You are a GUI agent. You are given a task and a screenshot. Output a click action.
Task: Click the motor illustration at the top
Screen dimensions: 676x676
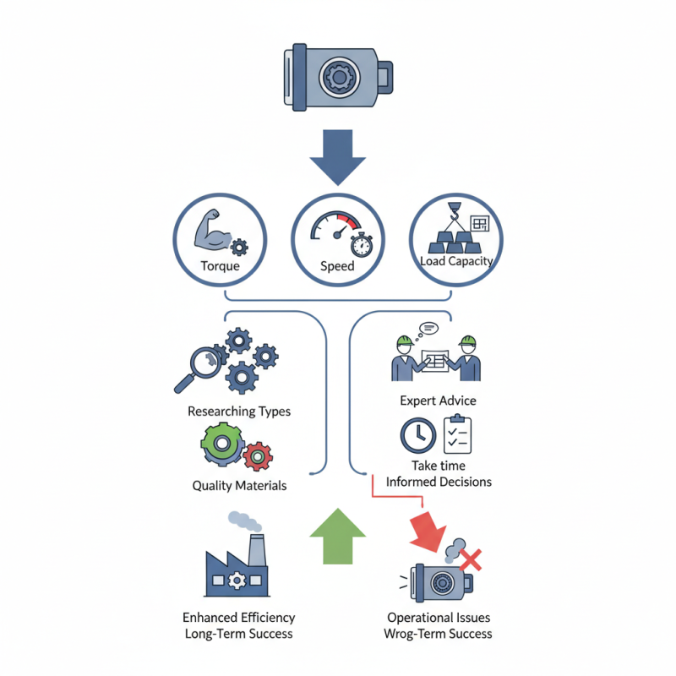tap(338, 78)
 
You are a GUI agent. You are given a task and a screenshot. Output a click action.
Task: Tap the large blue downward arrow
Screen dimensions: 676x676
tap(337, 157)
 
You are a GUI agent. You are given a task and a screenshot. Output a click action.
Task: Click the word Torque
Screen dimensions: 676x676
tap(221, 266)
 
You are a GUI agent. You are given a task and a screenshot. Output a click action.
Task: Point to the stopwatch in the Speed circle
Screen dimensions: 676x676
tap(362, 245)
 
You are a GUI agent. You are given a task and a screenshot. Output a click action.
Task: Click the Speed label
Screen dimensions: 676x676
tap(337, 266)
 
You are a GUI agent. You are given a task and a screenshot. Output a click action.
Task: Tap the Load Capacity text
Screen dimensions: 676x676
tap(456, 261)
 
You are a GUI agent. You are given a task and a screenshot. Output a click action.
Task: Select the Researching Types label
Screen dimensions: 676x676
tap(239, 412)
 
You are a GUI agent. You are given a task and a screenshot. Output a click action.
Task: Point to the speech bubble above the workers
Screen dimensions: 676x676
tap(428, 326)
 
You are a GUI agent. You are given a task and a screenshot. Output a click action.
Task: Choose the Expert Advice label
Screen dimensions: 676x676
tap(438, 400)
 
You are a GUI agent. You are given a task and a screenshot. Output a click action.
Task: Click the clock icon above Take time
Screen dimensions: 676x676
tap(418, 436)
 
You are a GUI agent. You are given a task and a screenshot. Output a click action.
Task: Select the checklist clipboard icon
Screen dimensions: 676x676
tap(457, 435)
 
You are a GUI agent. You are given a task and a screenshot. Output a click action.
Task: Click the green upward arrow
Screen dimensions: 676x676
tap(337, 536)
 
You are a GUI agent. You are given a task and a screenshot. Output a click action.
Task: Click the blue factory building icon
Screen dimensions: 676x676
tap(236, 566)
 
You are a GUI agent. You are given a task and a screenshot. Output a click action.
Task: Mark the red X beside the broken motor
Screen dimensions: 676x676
tap(472, 559)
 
